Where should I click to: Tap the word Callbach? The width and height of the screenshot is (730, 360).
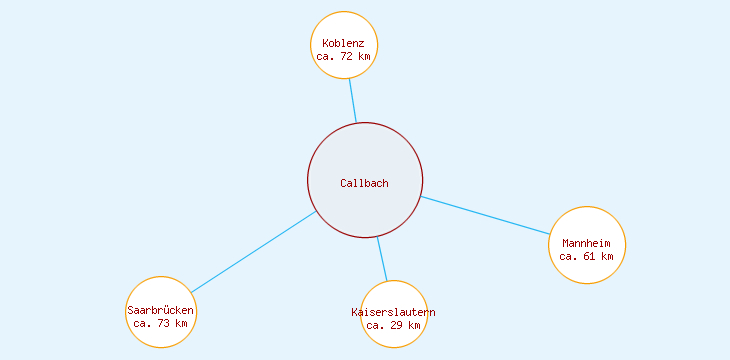(x=364, y=183)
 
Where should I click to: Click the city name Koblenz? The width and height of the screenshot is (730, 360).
(x=344, y=43)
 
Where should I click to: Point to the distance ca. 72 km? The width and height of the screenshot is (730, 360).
(x=344, y=57)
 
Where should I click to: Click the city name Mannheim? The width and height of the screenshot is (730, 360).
(x=587, y=243)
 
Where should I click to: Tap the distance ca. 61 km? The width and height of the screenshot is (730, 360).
(x=587, y=256)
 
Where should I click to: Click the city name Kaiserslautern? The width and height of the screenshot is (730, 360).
(x=394, y=312)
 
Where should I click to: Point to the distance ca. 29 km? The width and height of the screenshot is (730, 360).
(x=394, y=325)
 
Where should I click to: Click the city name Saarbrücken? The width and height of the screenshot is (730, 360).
(x=161, y=310)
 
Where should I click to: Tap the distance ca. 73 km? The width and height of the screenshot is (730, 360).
(x=161, y=323)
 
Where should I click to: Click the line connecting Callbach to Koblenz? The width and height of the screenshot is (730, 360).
(x=353, y=100)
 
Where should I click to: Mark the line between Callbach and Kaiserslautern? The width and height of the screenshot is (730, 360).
(x=382, y=259)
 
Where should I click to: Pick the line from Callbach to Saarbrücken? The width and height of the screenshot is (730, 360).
(x=254, y=252)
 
